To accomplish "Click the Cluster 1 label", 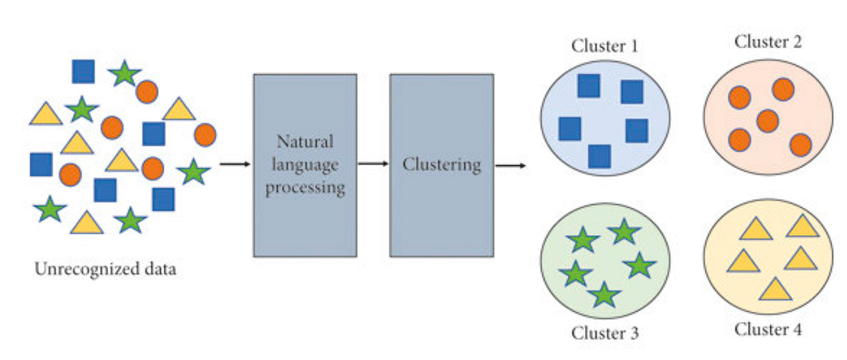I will tap(604, 47).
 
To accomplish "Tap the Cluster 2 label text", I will tap(768, 42).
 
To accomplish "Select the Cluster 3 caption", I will tap(604, 332).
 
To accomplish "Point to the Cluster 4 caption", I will tap(768, 329).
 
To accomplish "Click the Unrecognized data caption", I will tap(105, 269).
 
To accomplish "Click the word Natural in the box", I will tap(305, 141).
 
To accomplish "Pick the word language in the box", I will tap(305, 164).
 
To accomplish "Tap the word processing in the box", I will tap(305, 188).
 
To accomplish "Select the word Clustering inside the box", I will tap(442, 164).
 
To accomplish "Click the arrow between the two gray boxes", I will tap(373, 164).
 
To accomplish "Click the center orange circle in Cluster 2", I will tap(767, 121).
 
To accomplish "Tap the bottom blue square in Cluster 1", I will tap(599, 156).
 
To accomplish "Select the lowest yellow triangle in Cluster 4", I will tap(775, 289).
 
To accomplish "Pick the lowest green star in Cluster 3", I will tap(604, 294).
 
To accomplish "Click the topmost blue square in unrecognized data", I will tap(83, 71).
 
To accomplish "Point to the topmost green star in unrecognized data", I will tap(125, 73).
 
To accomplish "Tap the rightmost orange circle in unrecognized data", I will tap(205, 135).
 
